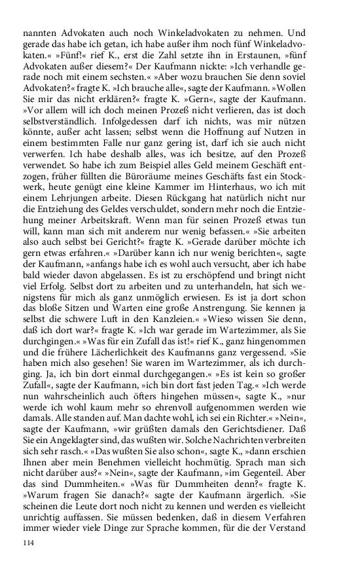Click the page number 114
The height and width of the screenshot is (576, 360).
28,543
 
